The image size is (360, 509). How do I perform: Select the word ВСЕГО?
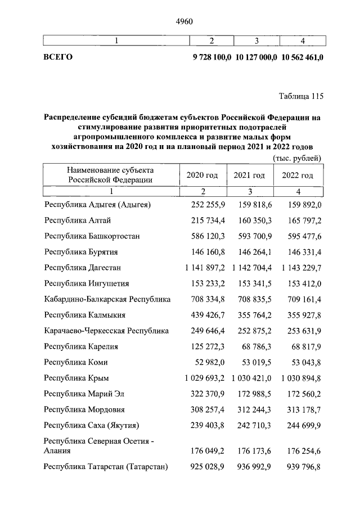click(x=58, y=57)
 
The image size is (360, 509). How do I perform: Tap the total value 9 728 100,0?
click(x=211, y=57)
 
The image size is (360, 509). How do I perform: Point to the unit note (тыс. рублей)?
click(x=297, y=159)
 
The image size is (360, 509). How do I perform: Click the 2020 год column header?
click(x=202, y=175)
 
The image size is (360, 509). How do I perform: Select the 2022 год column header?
click(x=298, y=175)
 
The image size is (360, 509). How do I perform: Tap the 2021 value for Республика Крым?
click(x=250, y=378)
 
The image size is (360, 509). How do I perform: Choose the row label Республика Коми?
click(x=76, y=362)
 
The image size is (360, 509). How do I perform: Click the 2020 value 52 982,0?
click(x=209, y=362)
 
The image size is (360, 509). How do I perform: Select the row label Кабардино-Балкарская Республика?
click(x=107, y=299)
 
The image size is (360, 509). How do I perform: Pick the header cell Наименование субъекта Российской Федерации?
click(x=110, y=175)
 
